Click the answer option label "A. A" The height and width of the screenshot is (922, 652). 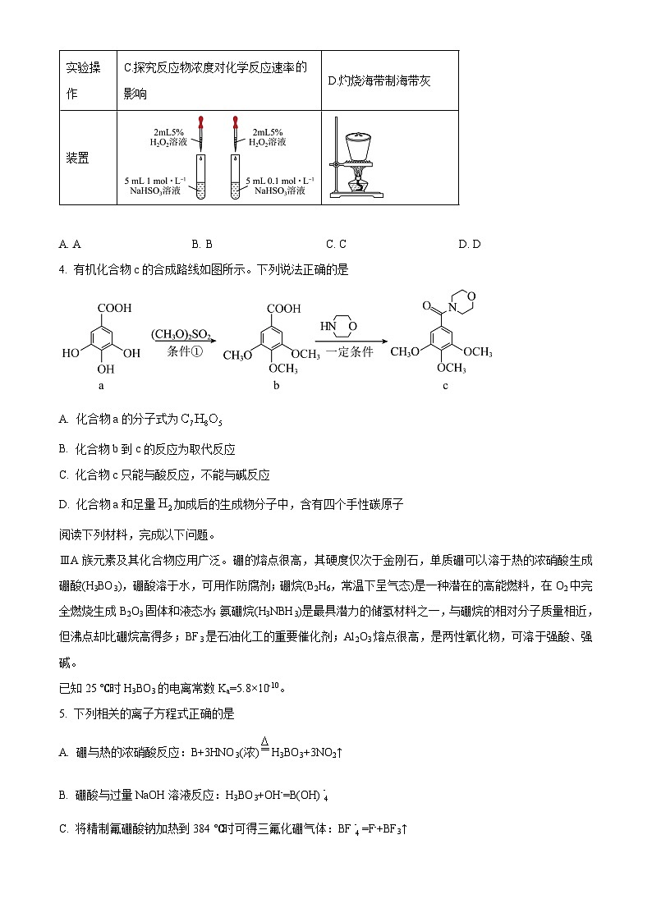70,244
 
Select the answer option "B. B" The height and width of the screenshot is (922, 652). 202,244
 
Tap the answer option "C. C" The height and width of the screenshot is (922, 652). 336,244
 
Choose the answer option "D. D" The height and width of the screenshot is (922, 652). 470,244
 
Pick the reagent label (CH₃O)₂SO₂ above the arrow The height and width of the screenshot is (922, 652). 181,335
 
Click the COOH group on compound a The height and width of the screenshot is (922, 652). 113,309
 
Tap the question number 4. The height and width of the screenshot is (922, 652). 62,269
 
